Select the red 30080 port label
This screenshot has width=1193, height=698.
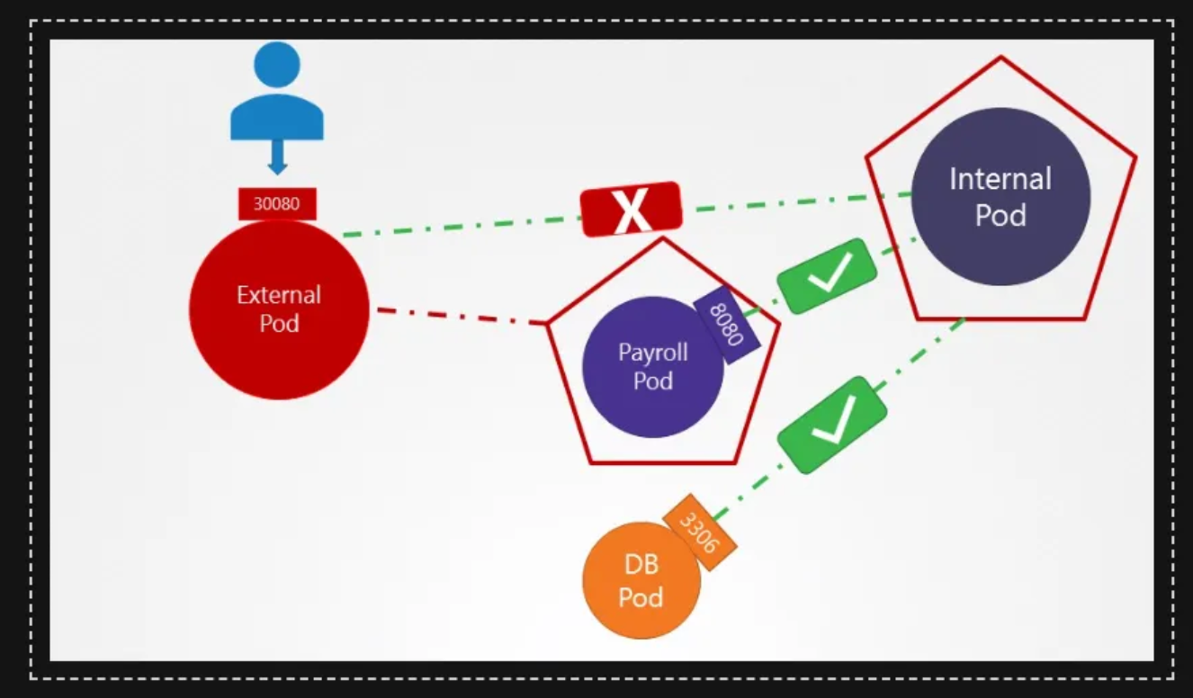click(277, 203)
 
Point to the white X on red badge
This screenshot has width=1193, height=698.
click(631, 210)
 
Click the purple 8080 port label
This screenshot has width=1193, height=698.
click(728, 326)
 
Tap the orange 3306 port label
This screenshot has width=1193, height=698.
click(700, 531)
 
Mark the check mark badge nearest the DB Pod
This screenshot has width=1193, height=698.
click(832, 424)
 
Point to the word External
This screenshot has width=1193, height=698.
click(279, 294)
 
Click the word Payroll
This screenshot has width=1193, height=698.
click(653, 353)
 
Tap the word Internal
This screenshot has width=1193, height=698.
click(1000, 179)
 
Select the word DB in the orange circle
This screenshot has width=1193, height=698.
click(641, 565)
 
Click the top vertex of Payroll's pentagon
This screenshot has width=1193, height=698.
click(663, 238)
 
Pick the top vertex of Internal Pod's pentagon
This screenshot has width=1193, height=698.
click(1000, 58)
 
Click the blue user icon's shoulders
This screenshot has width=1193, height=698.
click(277, 117)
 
